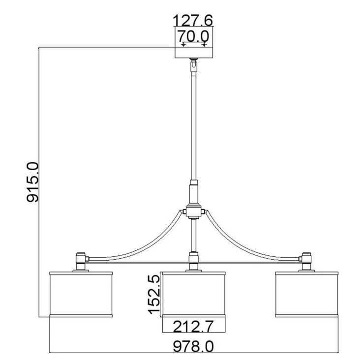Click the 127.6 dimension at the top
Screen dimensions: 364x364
[193, 21]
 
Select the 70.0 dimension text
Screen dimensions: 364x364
[193, 36]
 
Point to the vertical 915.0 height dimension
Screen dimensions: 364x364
[32, 182]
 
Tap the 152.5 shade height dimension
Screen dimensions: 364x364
[154, 294]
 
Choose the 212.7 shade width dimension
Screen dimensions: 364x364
[193, 327]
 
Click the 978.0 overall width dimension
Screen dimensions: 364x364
[193, 347]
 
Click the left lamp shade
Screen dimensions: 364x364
[81, 294]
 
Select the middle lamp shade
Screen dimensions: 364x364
[194, 294]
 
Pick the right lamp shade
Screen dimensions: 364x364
[306, 294]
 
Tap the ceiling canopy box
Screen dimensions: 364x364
[194, 42]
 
